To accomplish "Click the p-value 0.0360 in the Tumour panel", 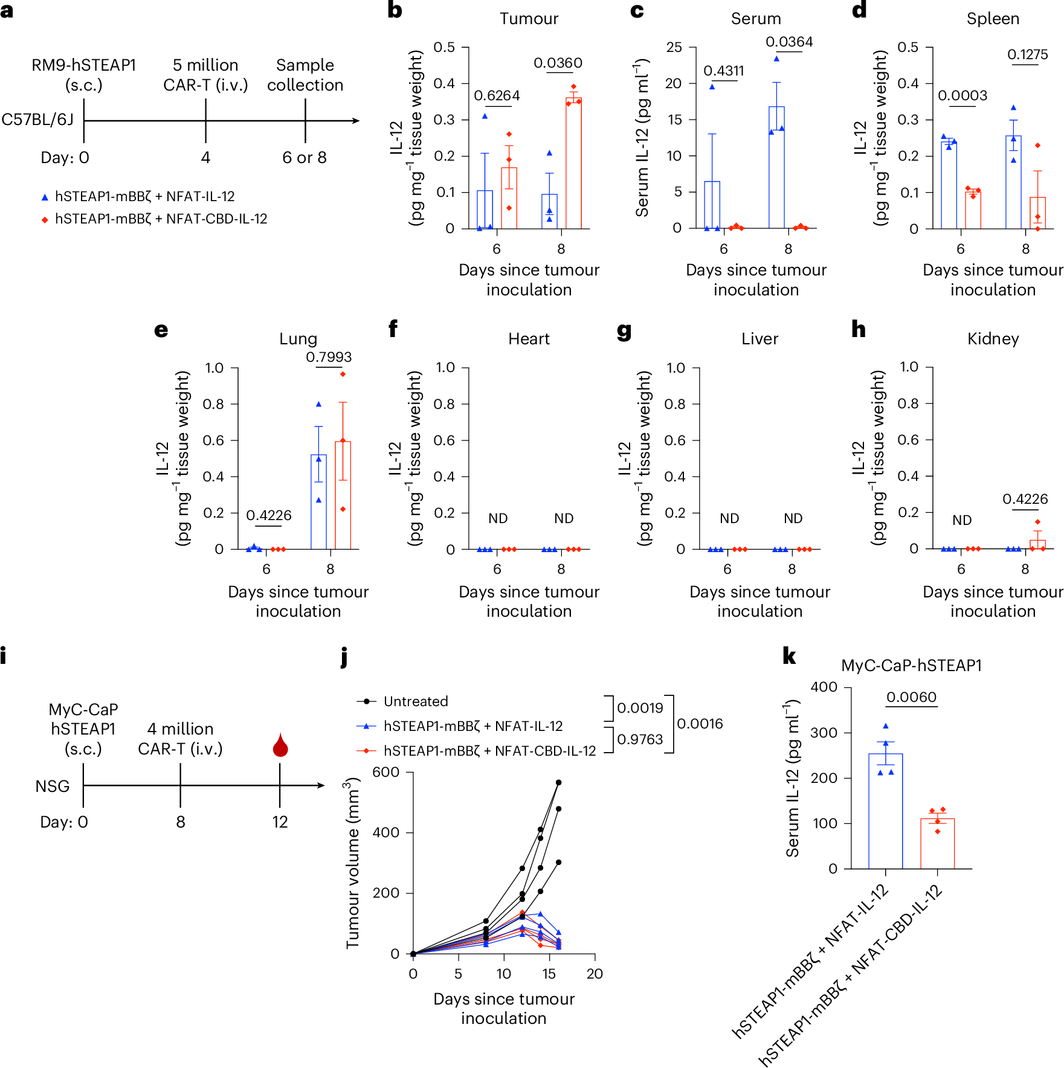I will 558,63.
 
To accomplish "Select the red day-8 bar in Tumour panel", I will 573,163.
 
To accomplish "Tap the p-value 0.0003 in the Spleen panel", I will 962,95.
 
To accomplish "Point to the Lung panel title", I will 298,338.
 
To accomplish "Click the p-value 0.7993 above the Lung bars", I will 329,357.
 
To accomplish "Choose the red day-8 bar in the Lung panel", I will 343,495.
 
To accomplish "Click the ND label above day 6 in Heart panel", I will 498,518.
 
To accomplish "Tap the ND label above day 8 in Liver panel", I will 793,518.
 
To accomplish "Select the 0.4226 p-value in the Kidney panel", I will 1025,499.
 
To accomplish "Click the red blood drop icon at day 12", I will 280,746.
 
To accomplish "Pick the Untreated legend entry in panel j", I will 415,701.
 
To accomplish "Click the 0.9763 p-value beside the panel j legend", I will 640,739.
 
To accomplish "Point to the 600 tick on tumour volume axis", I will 385,772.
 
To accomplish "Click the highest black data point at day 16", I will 558,783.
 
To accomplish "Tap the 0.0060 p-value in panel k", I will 911,697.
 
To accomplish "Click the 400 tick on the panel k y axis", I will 824,687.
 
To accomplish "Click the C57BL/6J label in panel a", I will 37,120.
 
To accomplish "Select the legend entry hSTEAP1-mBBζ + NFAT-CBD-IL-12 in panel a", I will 161,219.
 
